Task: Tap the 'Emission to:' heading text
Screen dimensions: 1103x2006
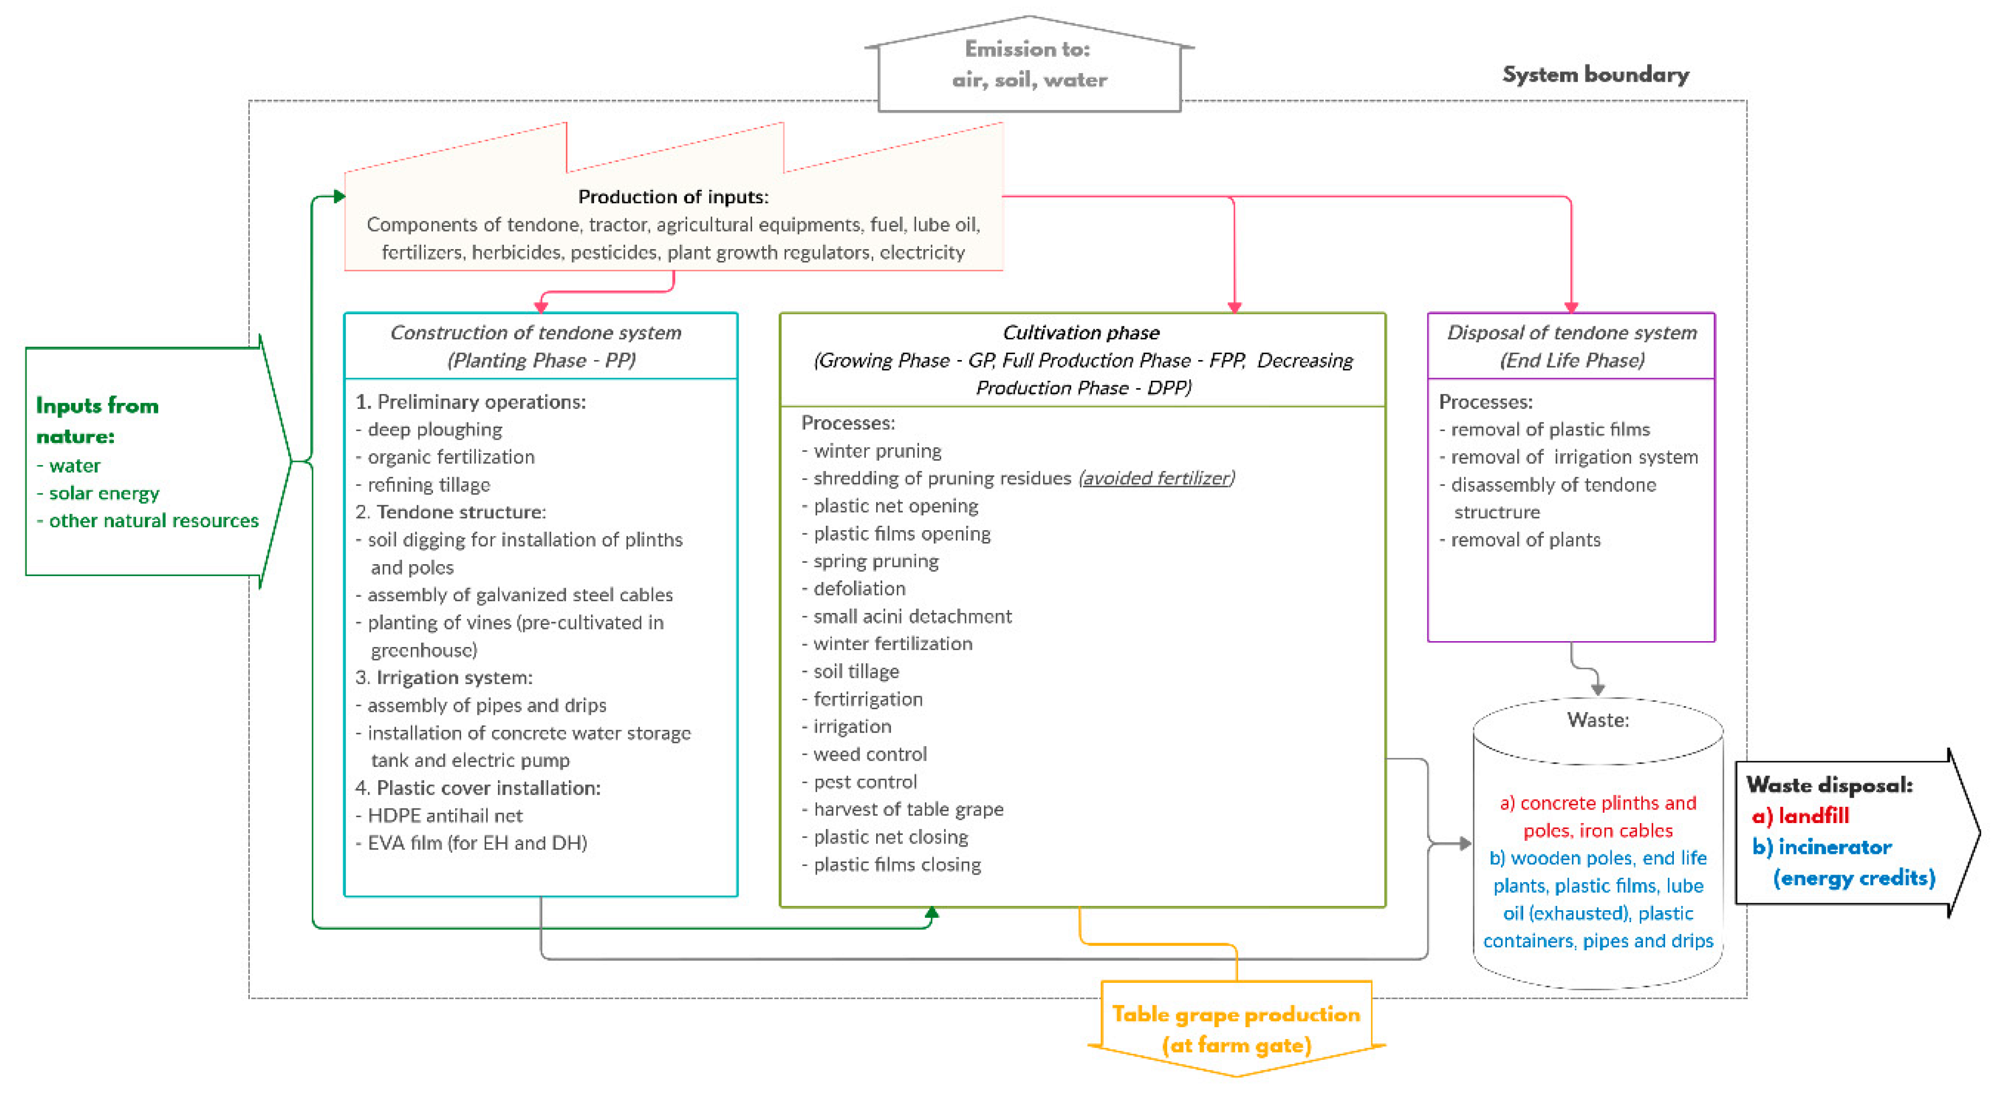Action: tap(1027, 49)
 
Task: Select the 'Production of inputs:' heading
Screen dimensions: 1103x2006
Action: tap(673, 197)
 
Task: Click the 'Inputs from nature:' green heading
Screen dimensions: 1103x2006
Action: tap(98, 420)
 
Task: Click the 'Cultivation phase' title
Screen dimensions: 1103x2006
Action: tap(1081, 332)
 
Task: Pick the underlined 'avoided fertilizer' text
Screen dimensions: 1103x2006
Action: tap(1156, 478)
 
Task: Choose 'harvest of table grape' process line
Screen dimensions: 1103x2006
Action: tap(908, 809)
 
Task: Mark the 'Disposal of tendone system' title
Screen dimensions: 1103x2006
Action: tap(1571, 332)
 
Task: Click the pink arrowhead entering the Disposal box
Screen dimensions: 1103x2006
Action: tap(1571, 308)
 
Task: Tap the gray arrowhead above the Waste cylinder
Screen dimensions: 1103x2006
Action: tap(1598, 690)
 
